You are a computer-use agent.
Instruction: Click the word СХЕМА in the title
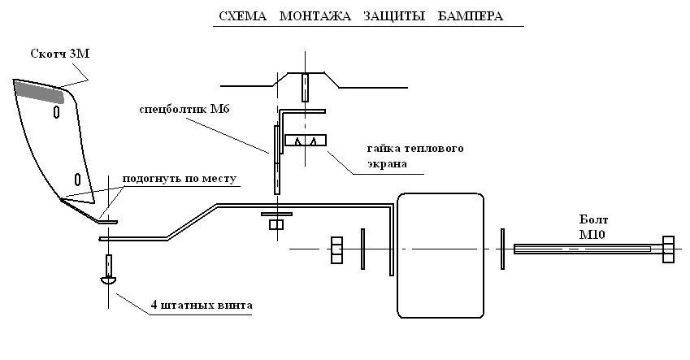coord(242,16)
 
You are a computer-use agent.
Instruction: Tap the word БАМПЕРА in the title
coord(470,16)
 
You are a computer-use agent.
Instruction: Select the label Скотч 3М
coord(60,54)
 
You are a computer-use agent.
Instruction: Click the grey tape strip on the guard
coord(39,92)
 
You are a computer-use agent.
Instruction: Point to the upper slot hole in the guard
coord(56,112)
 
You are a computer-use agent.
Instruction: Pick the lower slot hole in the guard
coord(77,179)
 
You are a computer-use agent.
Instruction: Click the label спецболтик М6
coord(184,109)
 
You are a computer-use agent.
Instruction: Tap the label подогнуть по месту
coord(179,179)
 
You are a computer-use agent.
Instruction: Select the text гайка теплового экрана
coord(415,156)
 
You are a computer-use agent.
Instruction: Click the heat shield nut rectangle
coord(306,141)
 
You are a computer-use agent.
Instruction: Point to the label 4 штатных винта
coord(202,305)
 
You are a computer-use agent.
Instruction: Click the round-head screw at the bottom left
coord(108,271)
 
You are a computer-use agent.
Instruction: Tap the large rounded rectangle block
coord(440,255)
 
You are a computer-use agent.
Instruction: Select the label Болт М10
coord(593,227)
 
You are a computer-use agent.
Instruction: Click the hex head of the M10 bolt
coord(668,249)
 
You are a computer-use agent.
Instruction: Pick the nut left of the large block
coord(336,250)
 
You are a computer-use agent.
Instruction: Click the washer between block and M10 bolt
coord(502,249)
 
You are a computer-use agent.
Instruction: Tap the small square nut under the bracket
coord(276,224)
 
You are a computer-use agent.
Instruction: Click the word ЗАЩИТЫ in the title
coord(394,16)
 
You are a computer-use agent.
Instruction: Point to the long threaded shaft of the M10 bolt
coord(588,249)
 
